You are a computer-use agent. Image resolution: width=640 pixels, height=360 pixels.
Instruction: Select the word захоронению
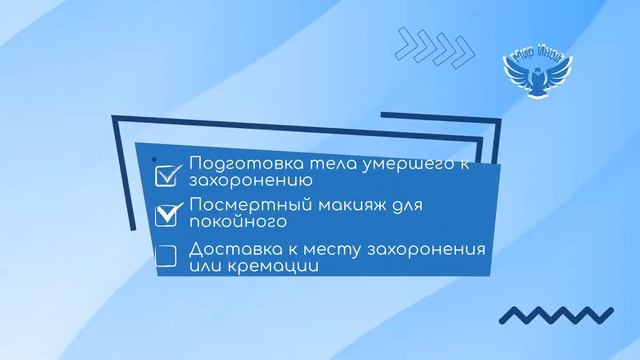pyautogui.click(x=243, y=182)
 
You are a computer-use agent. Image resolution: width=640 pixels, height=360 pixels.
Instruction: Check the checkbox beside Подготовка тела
pyautogui.click(x=166, y=174)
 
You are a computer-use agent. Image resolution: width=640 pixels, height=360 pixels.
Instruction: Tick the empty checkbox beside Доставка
pyautogui.click(x=166, y=256)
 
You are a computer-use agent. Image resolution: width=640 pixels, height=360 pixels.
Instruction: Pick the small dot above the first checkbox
pyautogui.click(x=153, y=158)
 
